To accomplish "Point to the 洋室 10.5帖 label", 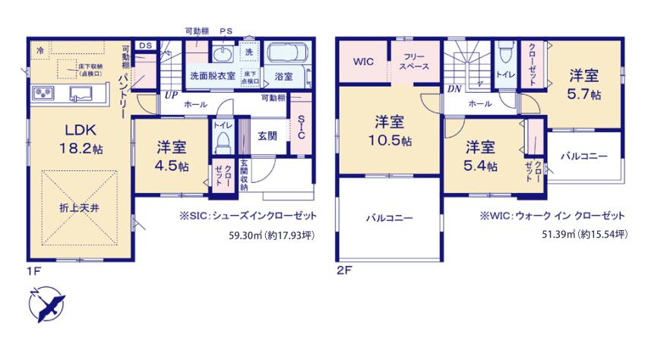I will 391,131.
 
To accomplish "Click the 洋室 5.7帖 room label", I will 584,85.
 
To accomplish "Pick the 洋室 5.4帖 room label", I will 482,156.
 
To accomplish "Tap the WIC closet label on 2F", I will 362,62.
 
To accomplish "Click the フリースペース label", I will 414,62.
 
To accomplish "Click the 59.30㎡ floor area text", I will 270,235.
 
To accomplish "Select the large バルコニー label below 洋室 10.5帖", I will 389,218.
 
